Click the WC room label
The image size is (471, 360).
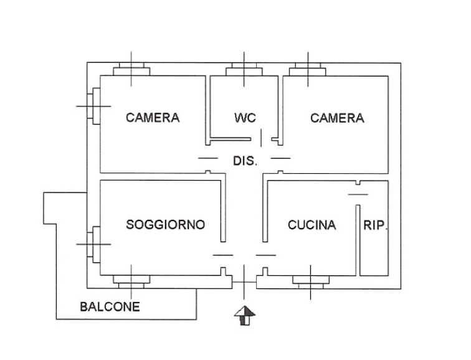245,118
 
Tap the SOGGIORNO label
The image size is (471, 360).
166,225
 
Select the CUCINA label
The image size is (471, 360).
312,225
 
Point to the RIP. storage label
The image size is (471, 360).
375,225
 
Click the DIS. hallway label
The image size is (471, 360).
245,161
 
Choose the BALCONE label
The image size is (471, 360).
110,306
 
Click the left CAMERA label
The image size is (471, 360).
153,117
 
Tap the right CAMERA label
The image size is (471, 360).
337,118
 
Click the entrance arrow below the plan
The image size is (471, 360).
245,316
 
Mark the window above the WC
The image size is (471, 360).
244,69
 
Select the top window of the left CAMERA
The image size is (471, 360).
131,69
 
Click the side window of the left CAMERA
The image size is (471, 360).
93,106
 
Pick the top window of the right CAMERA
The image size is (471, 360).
308,69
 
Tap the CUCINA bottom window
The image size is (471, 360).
311,282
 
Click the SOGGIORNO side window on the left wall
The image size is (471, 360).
93,244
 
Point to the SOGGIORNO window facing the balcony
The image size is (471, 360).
131,282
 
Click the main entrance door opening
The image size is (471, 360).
244,282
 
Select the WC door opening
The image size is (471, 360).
261,139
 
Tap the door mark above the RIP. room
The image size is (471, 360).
358,194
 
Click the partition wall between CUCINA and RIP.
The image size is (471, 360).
358,240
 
